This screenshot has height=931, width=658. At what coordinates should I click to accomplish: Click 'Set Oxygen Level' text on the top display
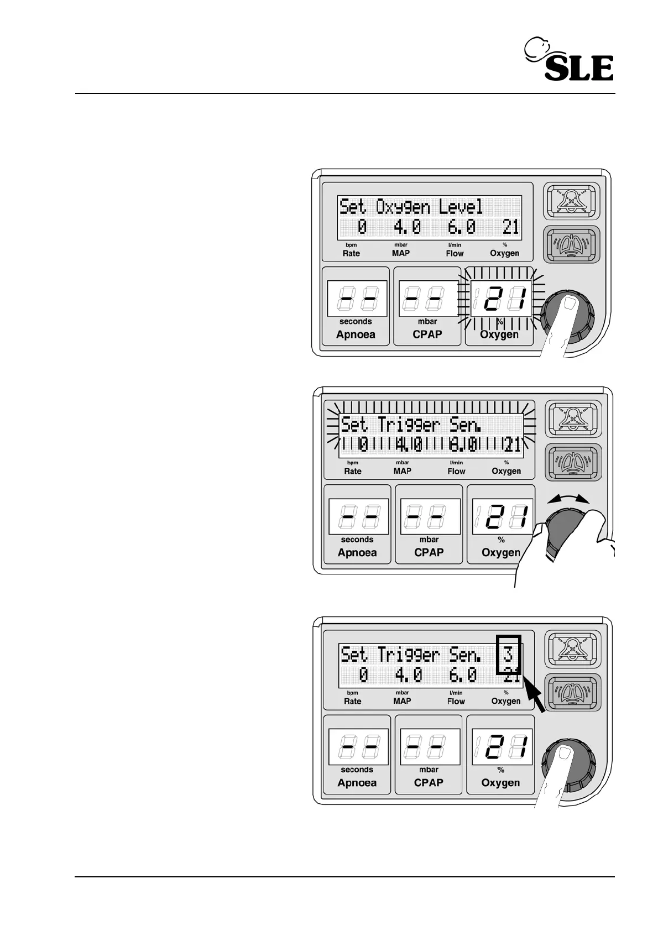point(411,207)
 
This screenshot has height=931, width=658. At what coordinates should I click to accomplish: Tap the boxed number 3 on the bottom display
point(508,655)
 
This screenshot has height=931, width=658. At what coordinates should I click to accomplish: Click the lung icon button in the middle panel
point(572,462)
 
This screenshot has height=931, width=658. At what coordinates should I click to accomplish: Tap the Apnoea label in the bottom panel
point(357,783)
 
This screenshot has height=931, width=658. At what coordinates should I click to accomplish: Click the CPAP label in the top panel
point(427,334)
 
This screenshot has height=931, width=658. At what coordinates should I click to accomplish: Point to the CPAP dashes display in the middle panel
point(430,517)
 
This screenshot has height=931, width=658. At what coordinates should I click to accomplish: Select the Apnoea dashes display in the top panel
point(356,299)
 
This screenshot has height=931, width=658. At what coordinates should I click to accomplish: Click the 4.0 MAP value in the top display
point(407,227)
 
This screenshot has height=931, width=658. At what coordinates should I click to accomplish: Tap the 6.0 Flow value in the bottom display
point(462,675)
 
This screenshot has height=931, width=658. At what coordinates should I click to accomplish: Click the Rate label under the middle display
point(353,471)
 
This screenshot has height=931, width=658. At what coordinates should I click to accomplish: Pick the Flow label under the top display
point(455,253)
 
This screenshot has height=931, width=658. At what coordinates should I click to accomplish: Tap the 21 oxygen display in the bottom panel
point(502,747)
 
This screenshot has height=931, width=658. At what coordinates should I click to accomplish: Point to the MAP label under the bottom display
point(402,701)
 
